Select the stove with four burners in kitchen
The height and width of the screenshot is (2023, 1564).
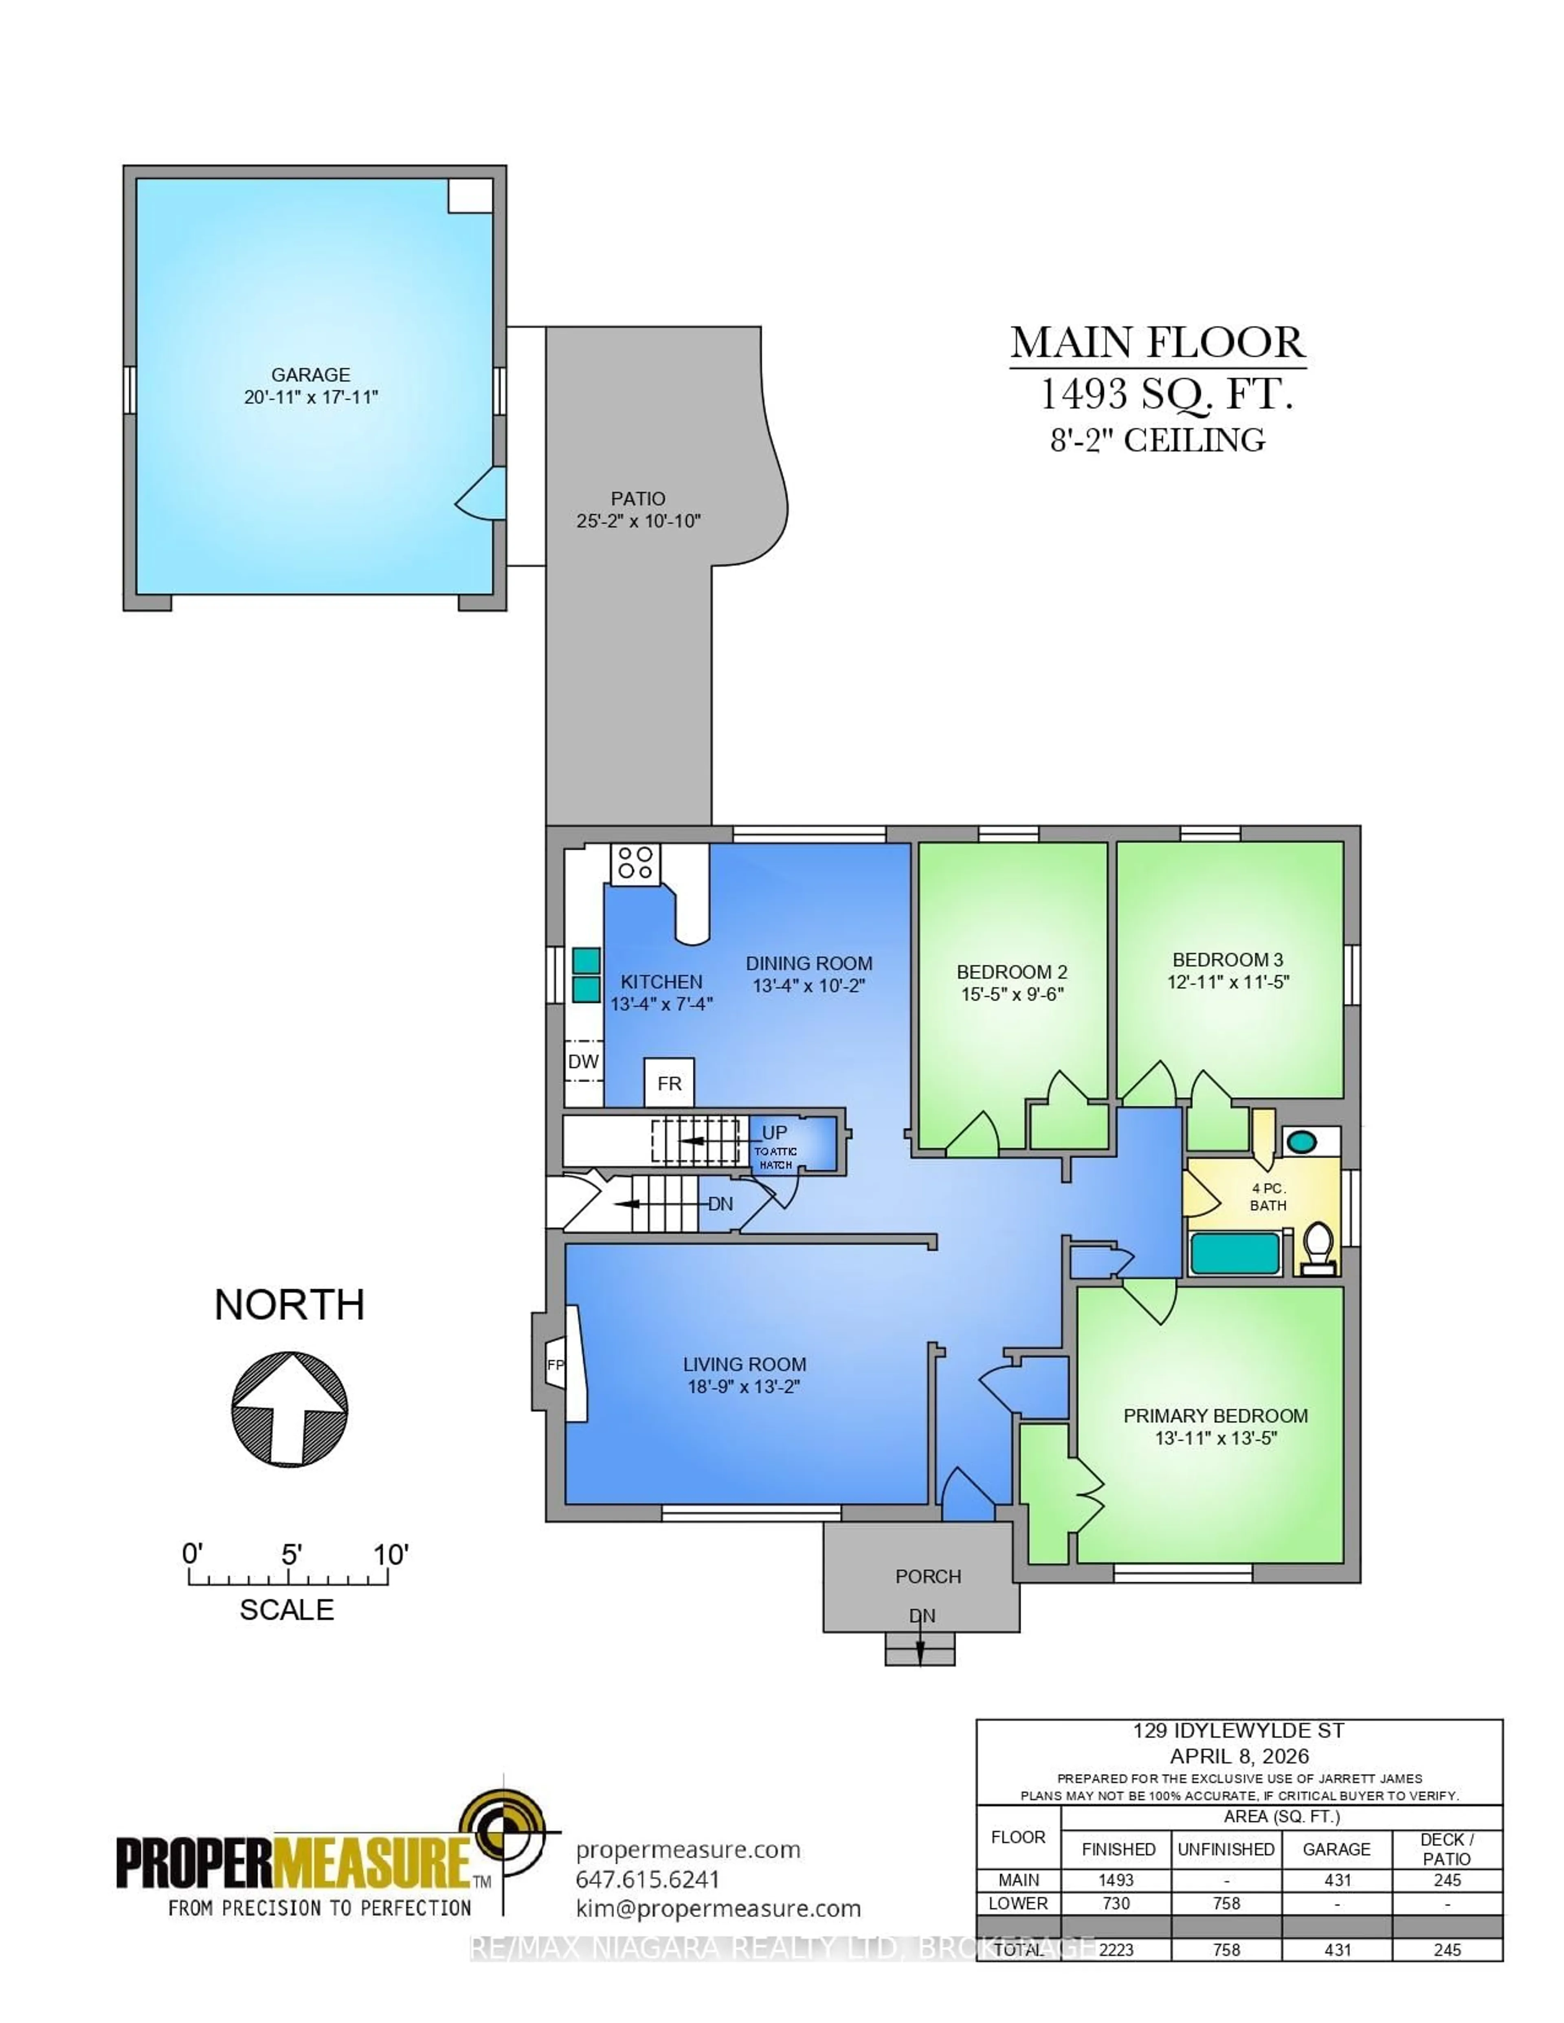click(635, 863)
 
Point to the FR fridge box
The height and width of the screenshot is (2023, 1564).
click(669, 1083)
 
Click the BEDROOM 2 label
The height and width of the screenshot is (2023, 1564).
click(1012, 972)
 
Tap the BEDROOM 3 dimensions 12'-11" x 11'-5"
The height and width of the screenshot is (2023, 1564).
click(1228, 982)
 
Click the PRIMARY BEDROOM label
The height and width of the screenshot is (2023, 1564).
click(1216, 1415)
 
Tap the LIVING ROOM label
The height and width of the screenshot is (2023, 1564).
click(744, 1364)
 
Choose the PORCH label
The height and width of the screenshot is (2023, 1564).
click(927, 1576)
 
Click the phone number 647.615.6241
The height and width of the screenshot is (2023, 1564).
click(648, 1879)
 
